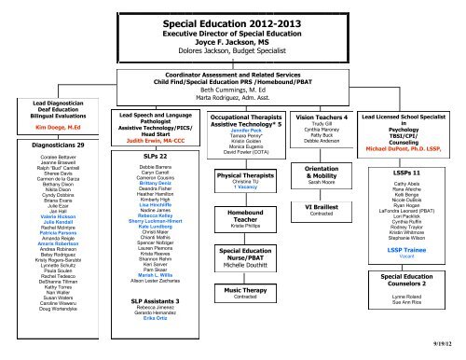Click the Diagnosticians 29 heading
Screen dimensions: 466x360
[38, 146]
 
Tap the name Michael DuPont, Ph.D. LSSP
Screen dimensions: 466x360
[406, 147]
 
